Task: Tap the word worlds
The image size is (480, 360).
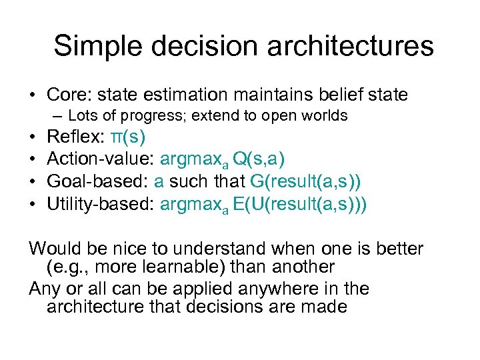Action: tap(325, 116)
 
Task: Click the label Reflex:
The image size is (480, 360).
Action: tap(75, 138)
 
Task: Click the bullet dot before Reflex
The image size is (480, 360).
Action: tap(33, 138)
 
